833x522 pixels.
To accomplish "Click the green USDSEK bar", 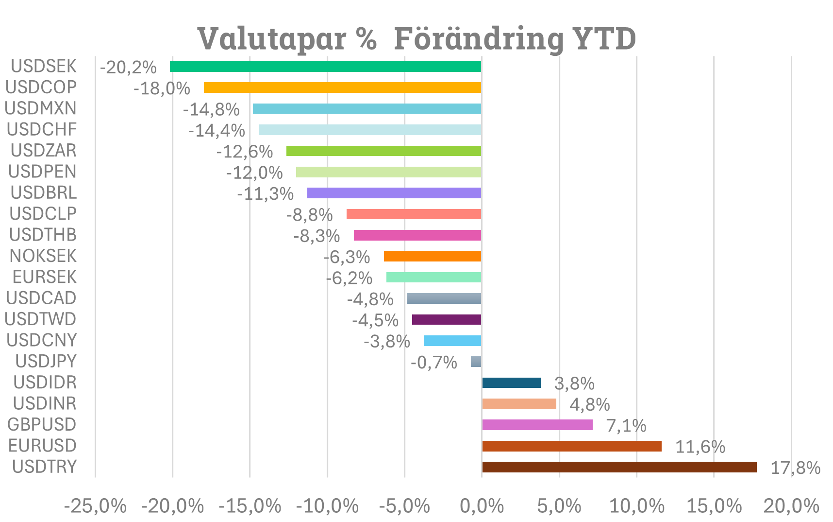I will (x=325, y=67).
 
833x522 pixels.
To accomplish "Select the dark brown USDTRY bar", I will (x=619, y=467).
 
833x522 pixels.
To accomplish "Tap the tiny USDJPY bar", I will (x=476, y=362).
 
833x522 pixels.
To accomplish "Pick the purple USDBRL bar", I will (x=394, y=193).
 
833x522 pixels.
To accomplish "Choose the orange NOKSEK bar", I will (x=433, y=256).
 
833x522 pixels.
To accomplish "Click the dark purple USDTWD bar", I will (x=447, y=319).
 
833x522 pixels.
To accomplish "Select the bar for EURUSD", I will (x=571, y=446).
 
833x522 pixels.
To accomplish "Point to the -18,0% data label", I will (x=162, y=88).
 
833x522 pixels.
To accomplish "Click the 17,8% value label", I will (x=795, y=468).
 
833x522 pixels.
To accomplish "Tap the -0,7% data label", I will (x=433, y=363).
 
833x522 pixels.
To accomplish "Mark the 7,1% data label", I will (x=626, y=426).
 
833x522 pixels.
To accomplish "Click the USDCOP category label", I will (x=41, y=87).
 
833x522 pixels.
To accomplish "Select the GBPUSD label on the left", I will (x=42, y=425).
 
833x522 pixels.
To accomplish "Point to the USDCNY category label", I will (x=42, y=340).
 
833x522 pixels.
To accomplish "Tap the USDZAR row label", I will (x=44, y=151).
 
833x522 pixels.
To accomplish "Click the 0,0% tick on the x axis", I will (x=482, y=506).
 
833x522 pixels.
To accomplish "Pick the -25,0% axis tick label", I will (x=95, y=506).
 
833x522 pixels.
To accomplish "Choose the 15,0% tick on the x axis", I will (x=714, y=506).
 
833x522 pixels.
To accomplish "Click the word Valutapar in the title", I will (x=271, y=38).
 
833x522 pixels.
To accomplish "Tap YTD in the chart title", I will (x=604, y=38).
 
